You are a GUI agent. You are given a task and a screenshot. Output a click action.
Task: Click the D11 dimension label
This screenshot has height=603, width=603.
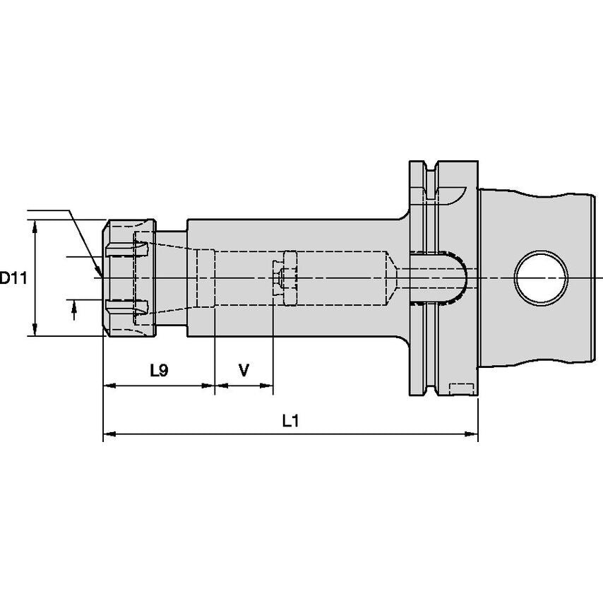coord(13,277)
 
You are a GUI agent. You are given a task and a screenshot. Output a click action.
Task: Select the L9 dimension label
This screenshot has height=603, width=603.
coord(159,370)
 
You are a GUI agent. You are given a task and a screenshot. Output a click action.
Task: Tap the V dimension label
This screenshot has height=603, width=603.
coord(244,370)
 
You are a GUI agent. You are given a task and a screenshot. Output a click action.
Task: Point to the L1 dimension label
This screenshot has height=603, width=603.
coord(290,422)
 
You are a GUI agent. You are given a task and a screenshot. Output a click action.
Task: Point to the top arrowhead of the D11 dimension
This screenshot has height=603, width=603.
coord(34,225)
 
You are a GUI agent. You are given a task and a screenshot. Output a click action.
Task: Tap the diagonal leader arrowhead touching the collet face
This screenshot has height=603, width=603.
coord(99,270)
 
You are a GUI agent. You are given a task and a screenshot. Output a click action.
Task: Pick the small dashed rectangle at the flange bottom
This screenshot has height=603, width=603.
coord(461,388)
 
